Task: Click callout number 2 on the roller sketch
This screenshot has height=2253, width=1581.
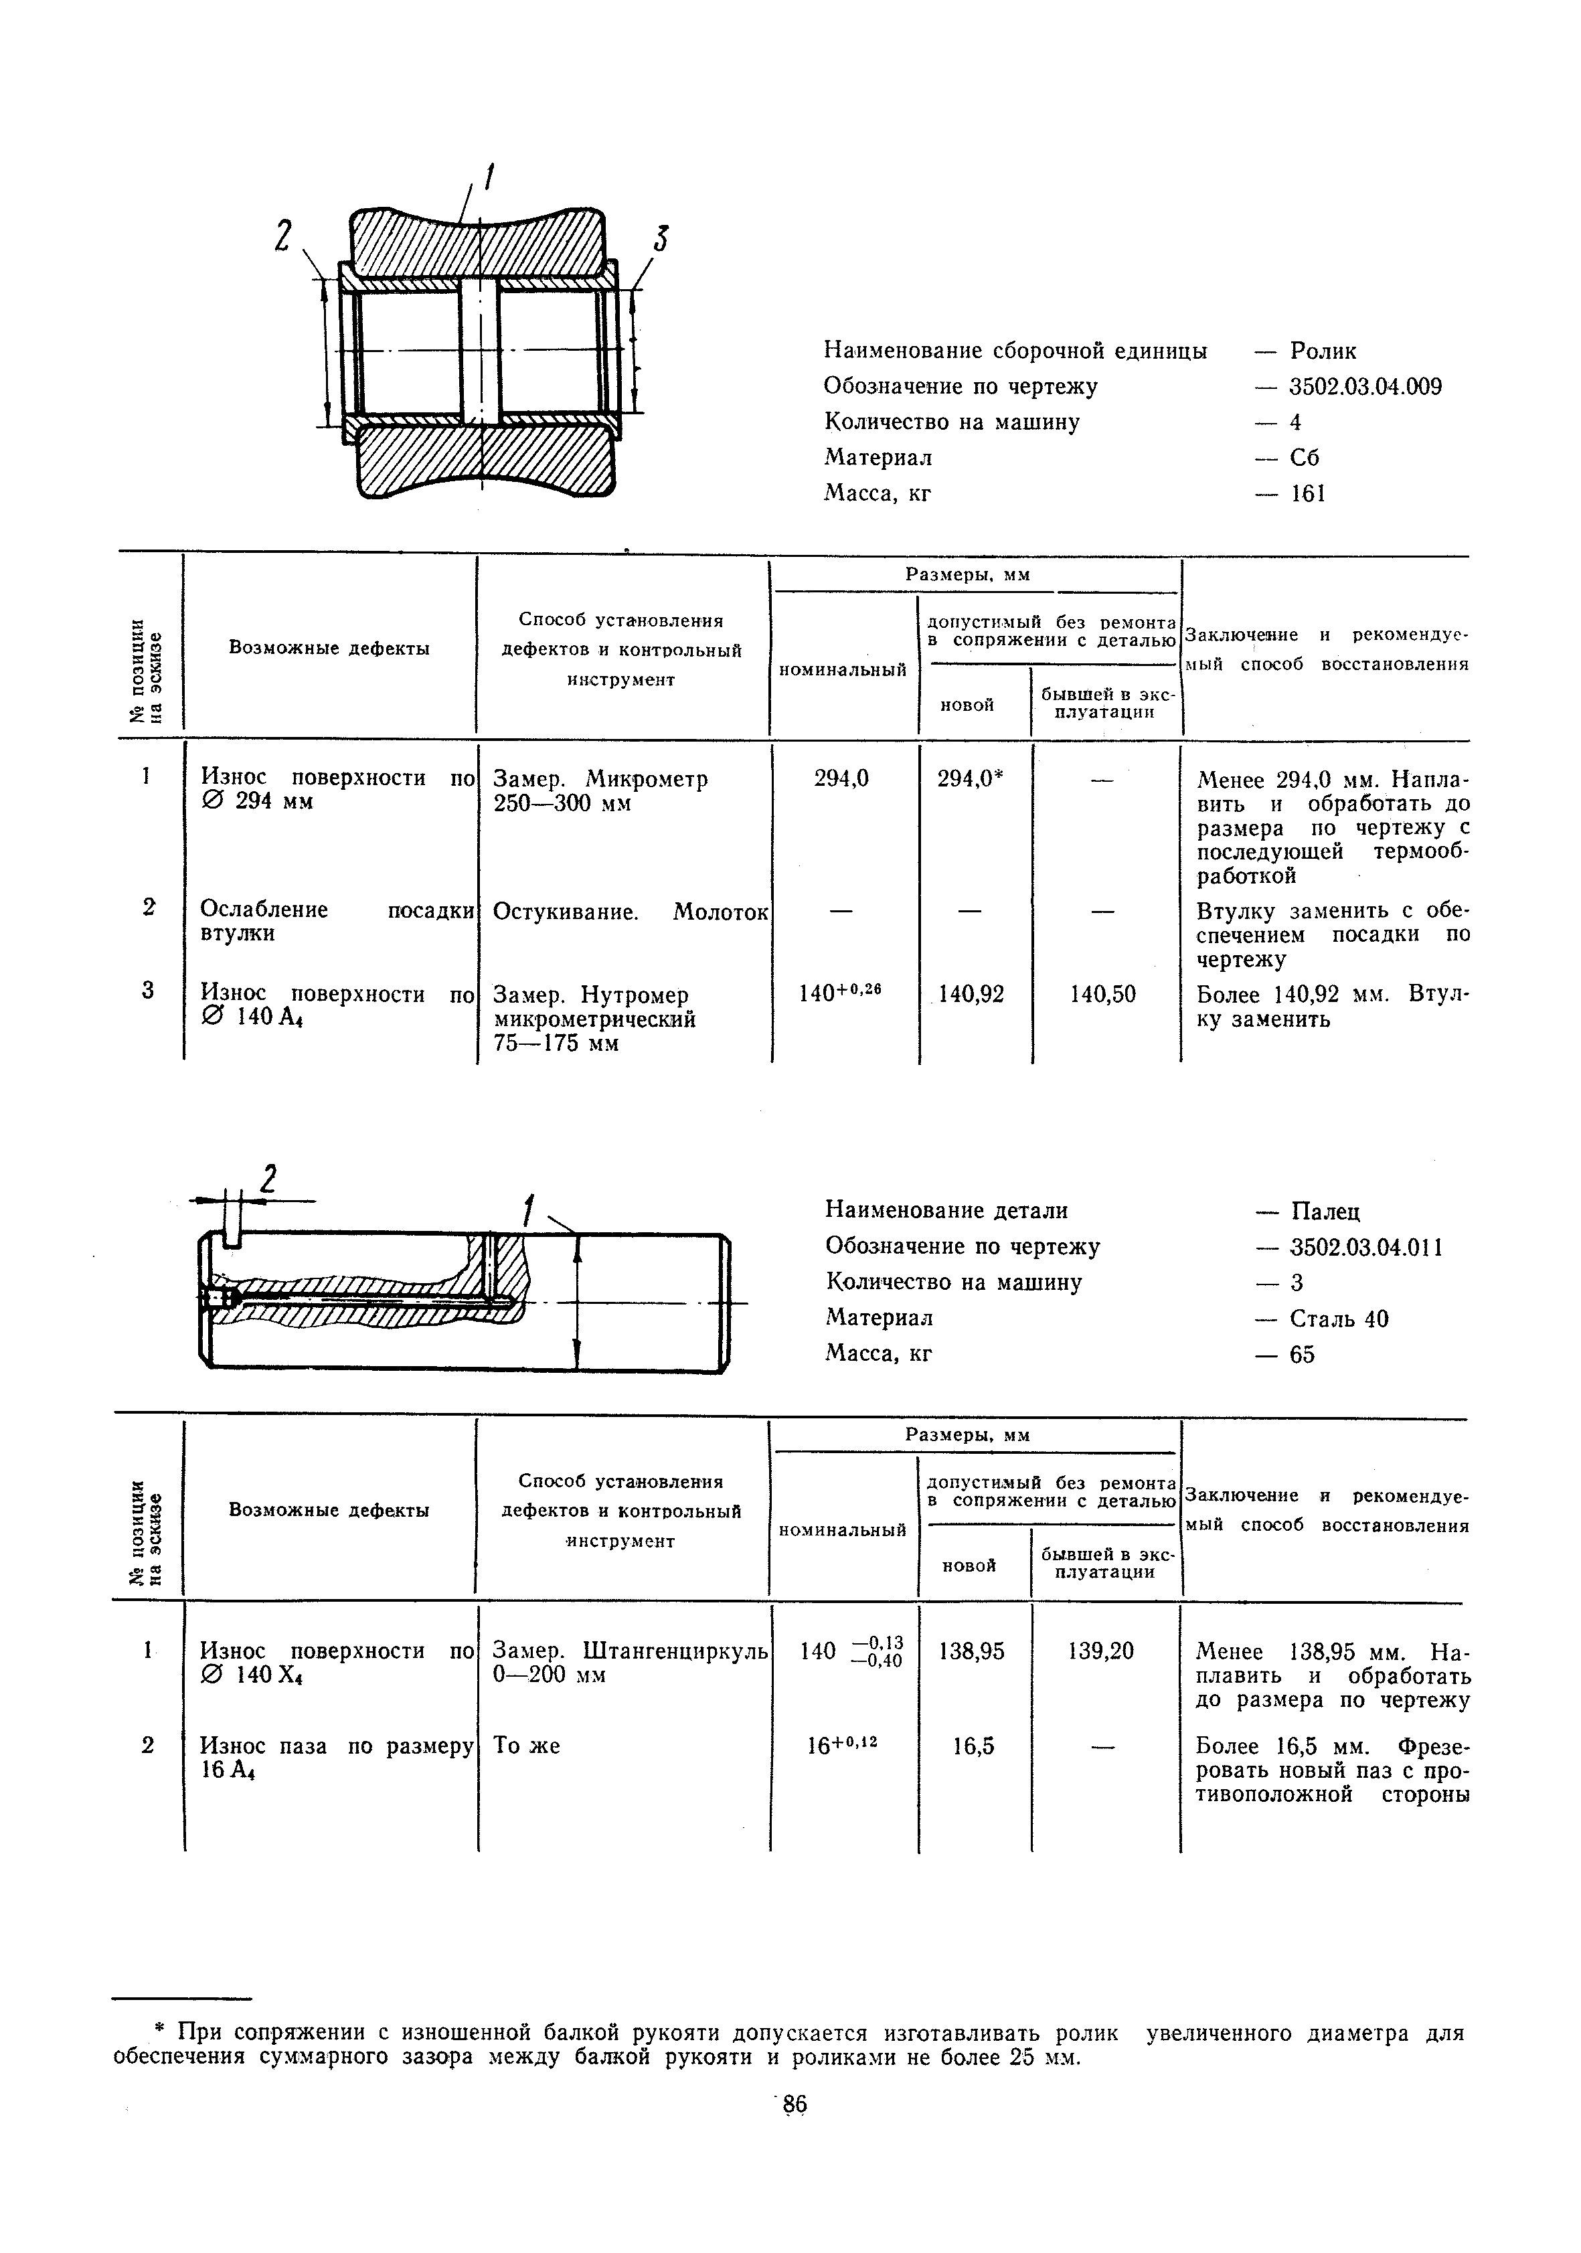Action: tap(284, 236)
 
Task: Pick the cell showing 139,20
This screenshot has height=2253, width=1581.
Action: tap(1101, 1651)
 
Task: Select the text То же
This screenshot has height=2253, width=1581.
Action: tap(527, 1746)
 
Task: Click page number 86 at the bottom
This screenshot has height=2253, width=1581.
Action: tap(794, 2104)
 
